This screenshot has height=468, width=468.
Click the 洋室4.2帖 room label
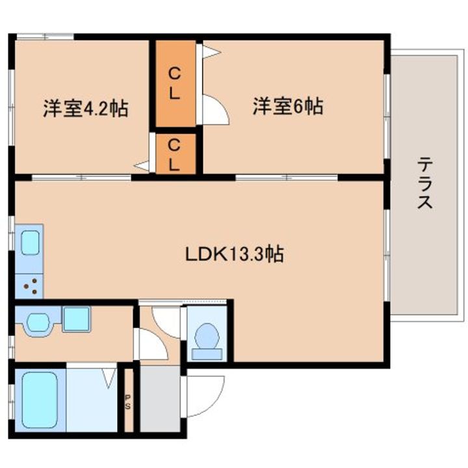(86, 109)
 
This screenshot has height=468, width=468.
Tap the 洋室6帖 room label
(288, 106)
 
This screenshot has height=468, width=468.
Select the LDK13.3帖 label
(235, 254)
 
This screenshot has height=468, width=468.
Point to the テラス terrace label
(424, 183)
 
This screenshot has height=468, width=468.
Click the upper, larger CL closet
(175, 84)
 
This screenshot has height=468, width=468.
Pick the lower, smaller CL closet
(175, 154)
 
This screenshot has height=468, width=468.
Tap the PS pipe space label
(128, 402)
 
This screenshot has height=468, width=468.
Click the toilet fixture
(207, 342)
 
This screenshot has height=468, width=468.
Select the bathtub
(40, 400)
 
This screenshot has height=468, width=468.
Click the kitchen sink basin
(30, 243)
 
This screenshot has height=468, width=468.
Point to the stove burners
(31, 286)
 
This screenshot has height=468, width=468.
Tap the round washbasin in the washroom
(38, 323)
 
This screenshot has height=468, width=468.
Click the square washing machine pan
(76, 319)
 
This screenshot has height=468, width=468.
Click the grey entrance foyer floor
(161, 399)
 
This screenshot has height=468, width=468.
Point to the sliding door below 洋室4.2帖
(81, 177)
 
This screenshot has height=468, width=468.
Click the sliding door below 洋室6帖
(287, 177)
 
